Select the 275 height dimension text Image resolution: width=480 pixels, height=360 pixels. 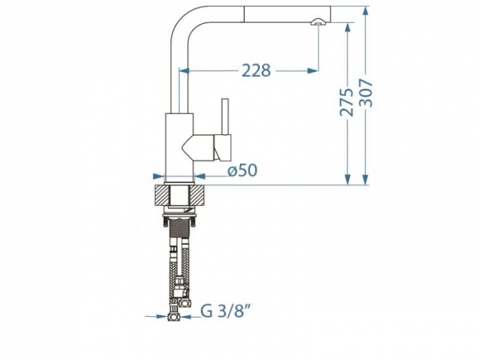tap(348, 101)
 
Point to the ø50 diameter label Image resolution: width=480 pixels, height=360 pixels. tap(242, 170)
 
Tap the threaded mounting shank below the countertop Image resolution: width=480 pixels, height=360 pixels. tap(181, 233)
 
